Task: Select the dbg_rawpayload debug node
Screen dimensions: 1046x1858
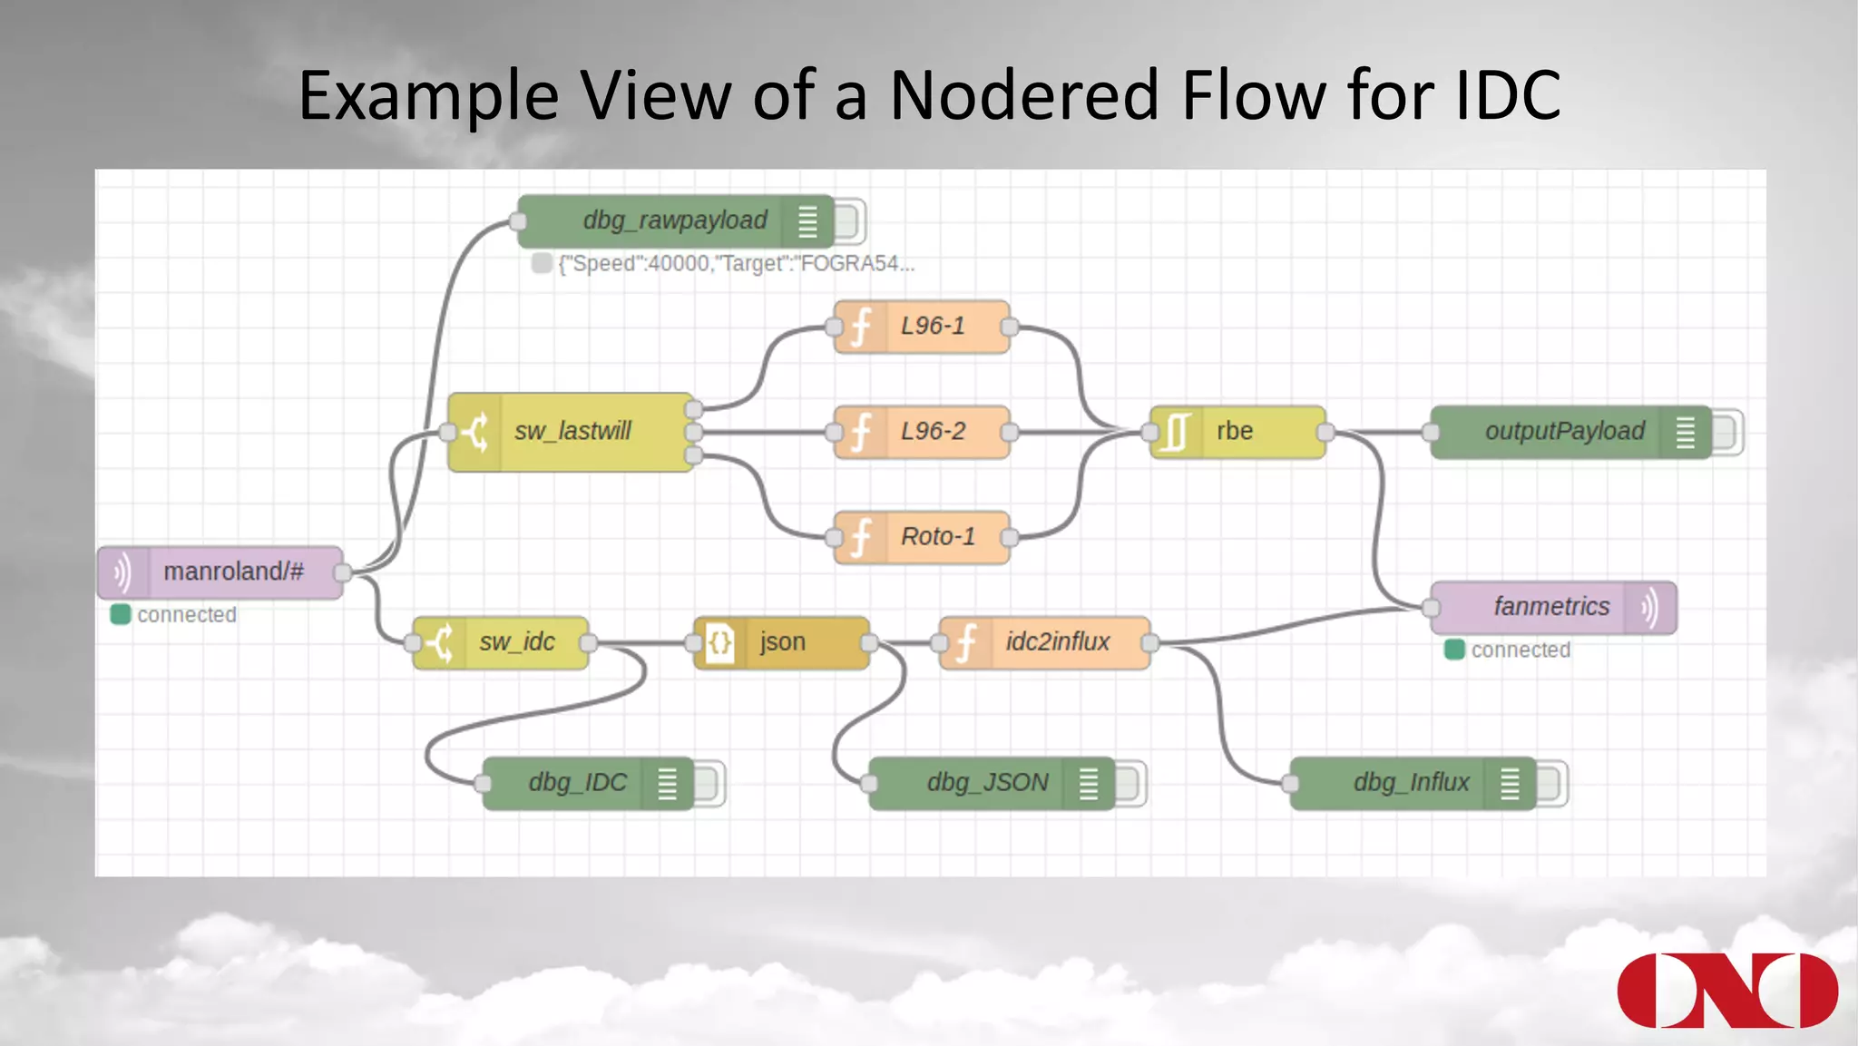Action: [674, 221]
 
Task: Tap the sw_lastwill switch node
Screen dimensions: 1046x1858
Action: [571, 432]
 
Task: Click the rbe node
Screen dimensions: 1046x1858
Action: [1237, 432]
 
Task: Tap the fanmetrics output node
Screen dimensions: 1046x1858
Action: [1551, 607]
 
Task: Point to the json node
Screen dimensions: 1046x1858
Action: [781, 642]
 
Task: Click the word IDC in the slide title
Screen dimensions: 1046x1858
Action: [1508, 95]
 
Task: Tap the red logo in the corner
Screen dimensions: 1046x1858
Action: [1726, 990]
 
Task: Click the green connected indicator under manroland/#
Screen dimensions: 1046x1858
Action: [121, 615]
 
